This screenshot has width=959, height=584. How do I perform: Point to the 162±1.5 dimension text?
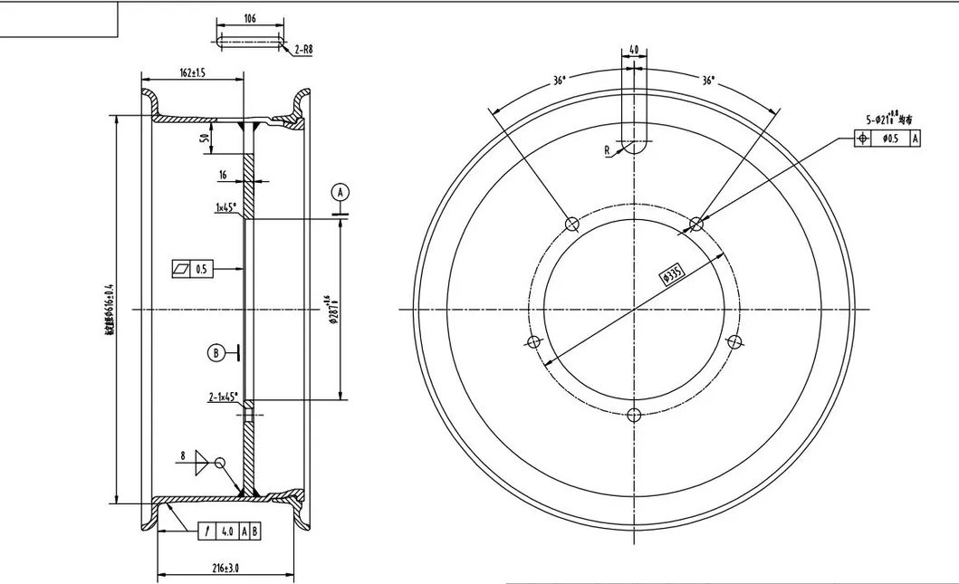(192, 73)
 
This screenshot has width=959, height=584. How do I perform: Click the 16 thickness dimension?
(223, 175)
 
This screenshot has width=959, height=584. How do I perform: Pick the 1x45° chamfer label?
(225, 207)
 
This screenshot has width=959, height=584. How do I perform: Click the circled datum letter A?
(340, 192)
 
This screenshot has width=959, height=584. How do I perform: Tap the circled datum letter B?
(216, 353)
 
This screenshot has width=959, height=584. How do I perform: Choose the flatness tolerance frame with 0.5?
(191, 269)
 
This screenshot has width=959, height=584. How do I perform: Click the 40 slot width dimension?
(633, 50)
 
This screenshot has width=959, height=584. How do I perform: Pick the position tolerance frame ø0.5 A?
(887, 139)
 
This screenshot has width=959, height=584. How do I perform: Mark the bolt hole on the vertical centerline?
(634, 415)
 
